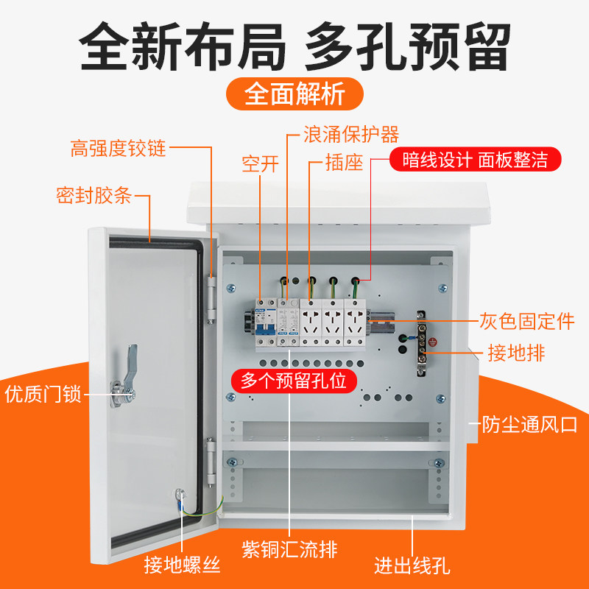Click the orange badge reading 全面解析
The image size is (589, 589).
[294, 94]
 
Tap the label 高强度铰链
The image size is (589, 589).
[118, 149]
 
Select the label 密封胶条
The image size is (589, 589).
[94, 196]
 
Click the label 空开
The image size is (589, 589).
[261, 163]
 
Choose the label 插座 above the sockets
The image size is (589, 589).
[345, 163]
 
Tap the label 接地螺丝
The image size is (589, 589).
[182, 565]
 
